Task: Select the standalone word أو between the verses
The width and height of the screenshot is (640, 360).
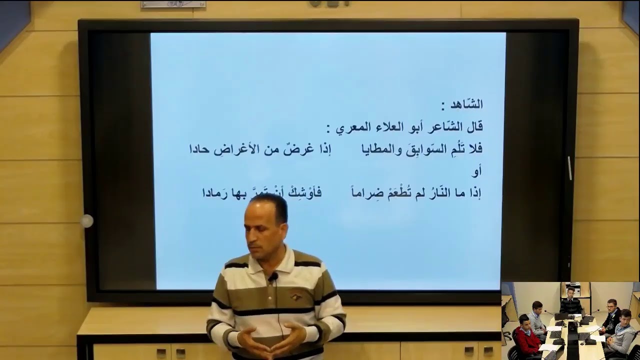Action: [x=476, y=171]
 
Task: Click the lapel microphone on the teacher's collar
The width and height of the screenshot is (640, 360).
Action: [x=273, y=276]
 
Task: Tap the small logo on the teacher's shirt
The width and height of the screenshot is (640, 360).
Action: [x=296, y=296]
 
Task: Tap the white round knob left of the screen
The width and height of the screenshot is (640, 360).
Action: [x=87, y=220]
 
